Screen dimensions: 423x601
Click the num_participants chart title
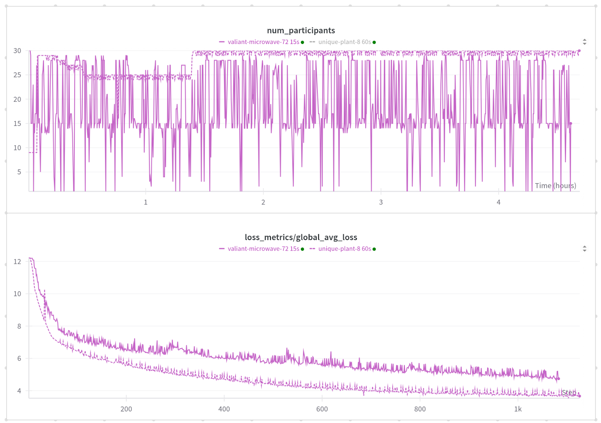(301, 30)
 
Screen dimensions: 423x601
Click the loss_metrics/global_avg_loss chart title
(301, 237)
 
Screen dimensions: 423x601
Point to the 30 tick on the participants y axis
(17, 51)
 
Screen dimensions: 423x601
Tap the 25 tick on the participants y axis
(17, 75)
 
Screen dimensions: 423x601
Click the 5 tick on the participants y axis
(19, 172)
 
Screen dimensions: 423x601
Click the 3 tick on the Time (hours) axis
(381, 202)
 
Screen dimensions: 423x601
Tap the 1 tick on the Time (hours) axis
(146, 202)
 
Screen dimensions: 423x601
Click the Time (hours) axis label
(555, 186)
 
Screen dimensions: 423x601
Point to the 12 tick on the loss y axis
(17, 261)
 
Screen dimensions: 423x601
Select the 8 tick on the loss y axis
(19, 326)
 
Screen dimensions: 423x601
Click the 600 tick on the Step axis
(322, 409)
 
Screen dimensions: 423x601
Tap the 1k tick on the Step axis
(518, 409)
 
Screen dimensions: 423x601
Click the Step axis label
(569, 393)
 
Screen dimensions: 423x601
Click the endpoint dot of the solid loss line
(559, 379)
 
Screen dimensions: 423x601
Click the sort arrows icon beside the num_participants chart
(584, 42)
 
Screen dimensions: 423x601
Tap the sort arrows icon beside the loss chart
(584, 249)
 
